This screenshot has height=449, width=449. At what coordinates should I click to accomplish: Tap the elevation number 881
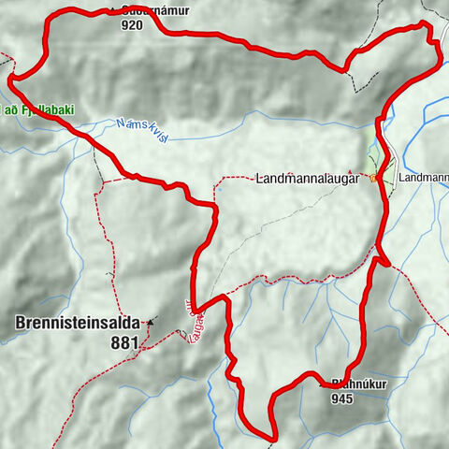(x=124, y=342)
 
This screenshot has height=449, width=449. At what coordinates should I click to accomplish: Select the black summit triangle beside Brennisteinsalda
(x=151, y=320)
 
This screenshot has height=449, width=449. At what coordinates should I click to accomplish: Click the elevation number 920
(x=132, y=26)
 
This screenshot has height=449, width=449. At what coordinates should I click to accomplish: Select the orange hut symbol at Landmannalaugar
(x=373, y=178)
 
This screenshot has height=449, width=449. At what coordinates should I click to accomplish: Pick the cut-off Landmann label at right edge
(x=423, y=177)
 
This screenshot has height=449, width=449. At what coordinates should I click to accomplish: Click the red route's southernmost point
(x=272, y=437)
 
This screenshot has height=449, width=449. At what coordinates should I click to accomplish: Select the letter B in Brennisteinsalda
(x=21, y=324)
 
